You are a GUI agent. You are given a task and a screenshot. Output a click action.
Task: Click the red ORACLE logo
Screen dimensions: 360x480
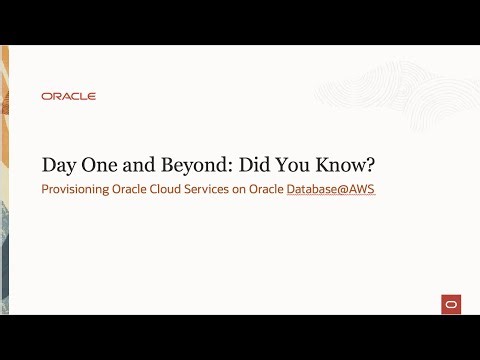coord(69,96)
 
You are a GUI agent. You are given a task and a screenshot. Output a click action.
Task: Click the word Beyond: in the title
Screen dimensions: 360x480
coord(191,165)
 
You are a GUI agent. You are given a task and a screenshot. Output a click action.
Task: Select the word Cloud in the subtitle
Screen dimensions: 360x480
coord(164,189)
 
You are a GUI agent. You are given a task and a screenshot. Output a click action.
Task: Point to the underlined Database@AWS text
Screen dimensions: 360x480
coord(331,189)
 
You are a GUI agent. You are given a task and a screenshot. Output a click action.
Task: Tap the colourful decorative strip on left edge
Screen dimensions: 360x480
coord(5,180)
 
